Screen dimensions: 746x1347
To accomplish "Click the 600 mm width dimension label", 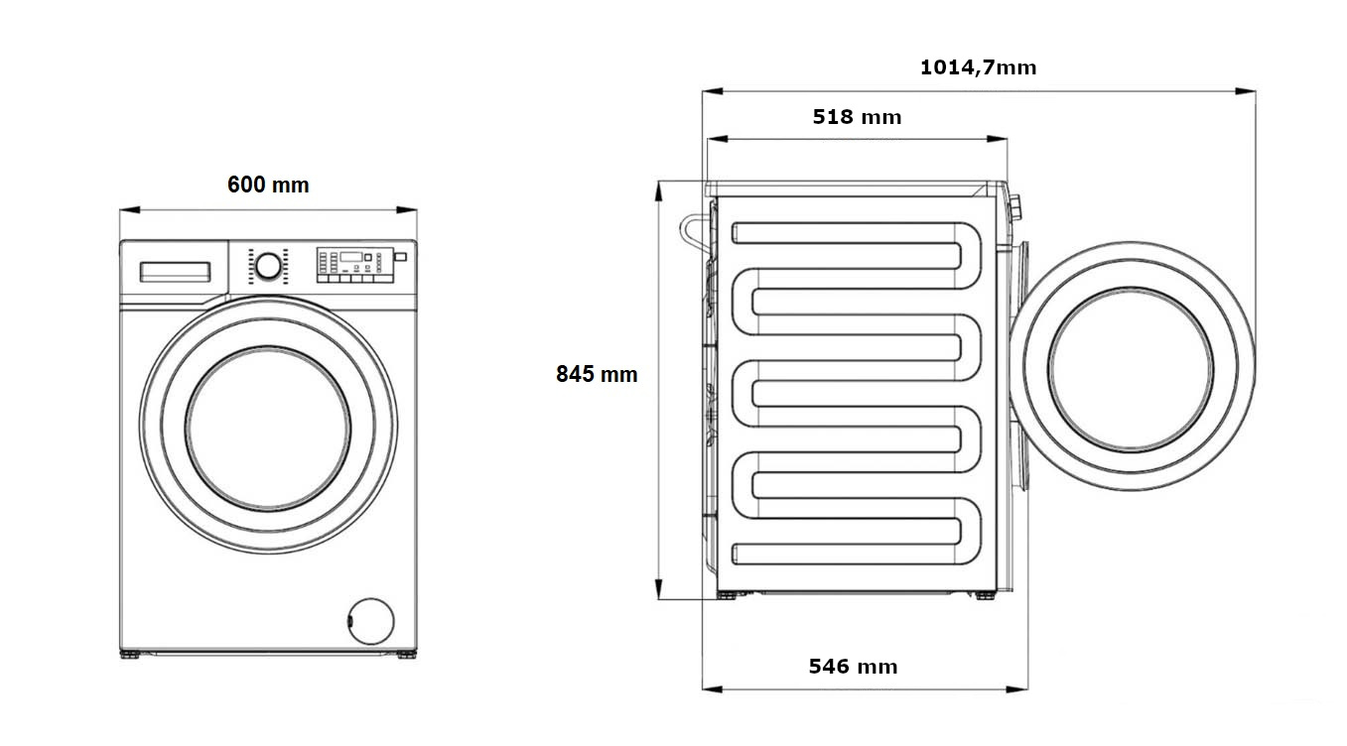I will tap(268, 185).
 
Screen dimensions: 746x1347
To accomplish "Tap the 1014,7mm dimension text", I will tap(978, 67).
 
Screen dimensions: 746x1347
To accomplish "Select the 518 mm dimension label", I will tap(857, 117).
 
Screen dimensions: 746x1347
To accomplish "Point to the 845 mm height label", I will tap(597, 374).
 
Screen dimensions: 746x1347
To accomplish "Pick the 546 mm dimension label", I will tap(853, 667).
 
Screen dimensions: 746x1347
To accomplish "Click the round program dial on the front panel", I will tap(267, 266).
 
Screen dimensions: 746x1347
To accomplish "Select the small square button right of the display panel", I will tap(400, 257).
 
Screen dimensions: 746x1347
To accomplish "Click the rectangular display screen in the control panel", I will tap(350, 257).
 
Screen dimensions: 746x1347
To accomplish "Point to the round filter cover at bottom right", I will tap(370, 620).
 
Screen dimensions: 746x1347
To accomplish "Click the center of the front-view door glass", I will tap(268, 428).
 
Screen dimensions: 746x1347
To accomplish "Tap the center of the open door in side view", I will tap(1131, 367).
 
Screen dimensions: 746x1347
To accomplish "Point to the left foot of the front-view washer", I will tap(130, 655).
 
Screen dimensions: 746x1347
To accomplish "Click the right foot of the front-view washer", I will tap(407, 655).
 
